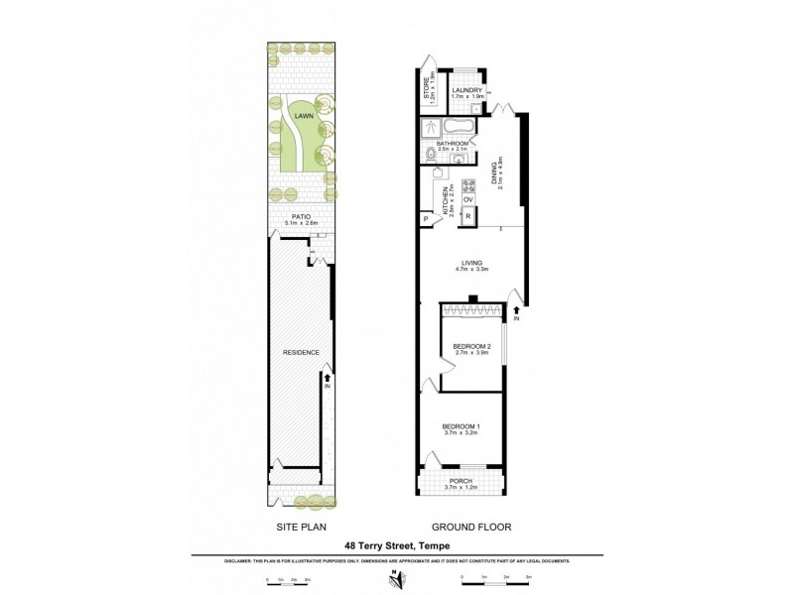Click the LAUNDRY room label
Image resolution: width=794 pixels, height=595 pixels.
pos(466,90)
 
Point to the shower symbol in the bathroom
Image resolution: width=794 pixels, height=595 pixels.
pos(432,127)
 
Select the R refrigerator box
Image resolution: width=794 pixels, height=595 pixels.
pos(468,216)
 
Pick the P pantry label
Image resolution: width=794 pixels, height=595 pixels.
pos(426,218)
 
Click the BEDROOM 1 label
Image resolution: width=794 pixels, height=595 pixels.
pos(460,425)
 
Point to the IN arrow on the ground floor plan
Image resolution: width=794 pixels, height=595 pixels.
pos(516,314)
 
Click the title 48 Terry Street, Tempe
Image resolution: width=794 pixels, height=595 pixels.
pos(396,544)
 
